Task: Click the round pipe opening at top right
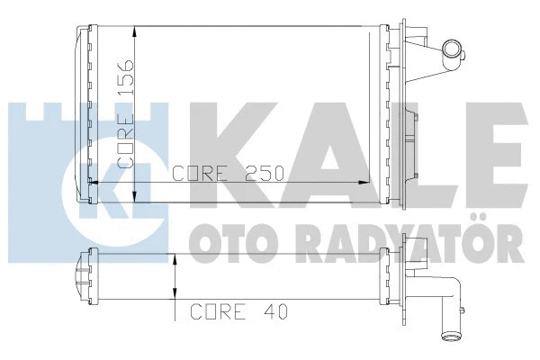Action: click(452, 49)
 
